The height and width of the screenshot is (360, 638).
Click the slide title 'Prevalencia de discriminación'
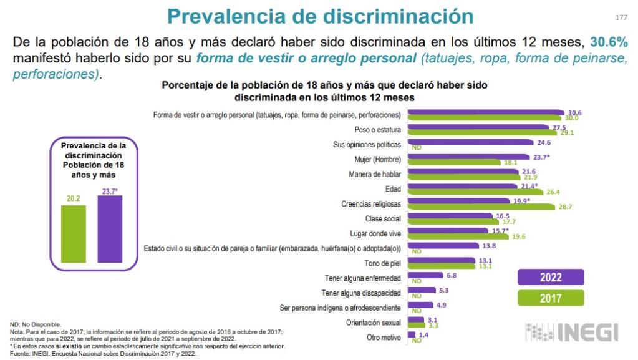click(x=320, y=16)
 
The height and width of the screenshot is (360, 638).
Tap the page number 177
click(x=621, y=17)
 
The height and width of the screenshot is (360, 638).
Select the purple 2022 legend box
click(x=551, y=278)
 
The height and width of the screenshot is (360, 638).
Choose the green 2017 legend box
click(x=551, y=298)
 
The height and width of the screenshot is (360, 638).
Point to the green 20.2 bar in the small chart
click(x=73, y=233)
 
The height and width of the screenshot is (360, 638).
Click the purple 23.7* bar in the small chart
click(x=109, y=228)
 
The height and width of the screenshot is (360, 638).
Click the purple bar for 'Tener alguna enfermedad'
click(x=425, y=275)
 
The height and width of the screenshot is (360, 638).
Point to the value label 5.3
click(x=445, y=290)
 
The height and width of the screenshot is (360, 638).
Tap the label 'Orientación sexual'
click(x=373, y=323)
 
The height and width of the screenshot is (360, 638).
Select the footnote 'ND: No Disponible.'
click(x=36, y=324)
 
